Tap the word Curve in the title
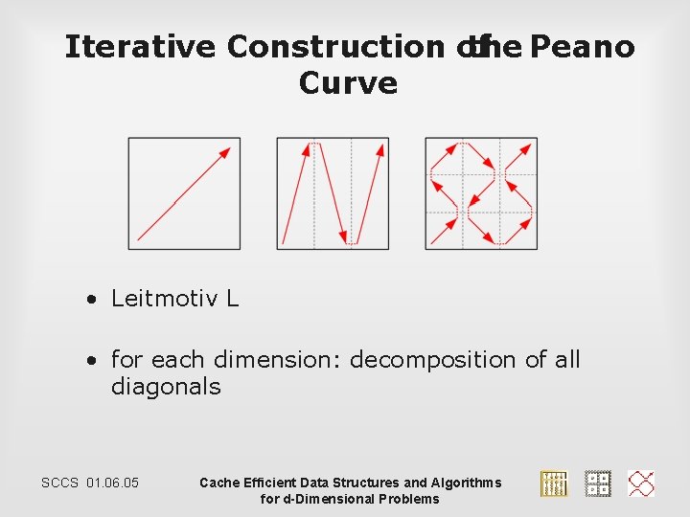point(348,83)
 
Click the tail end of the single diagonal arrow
point(140,237)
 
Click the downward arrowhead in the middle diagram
point(343,236)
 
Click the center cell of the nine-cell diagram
point(481,193)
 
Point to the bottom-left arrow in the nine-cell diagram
point(444,231)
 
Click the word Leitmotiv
point(165,299)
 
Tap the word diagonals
point(166,387)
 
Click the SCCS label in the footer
point(60,483)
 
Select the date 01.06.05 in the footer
point(112,483)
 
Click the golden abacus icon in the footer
point(554,483)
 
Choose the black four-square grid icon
point(598,483)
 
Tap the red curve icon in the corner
point(641,483)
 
